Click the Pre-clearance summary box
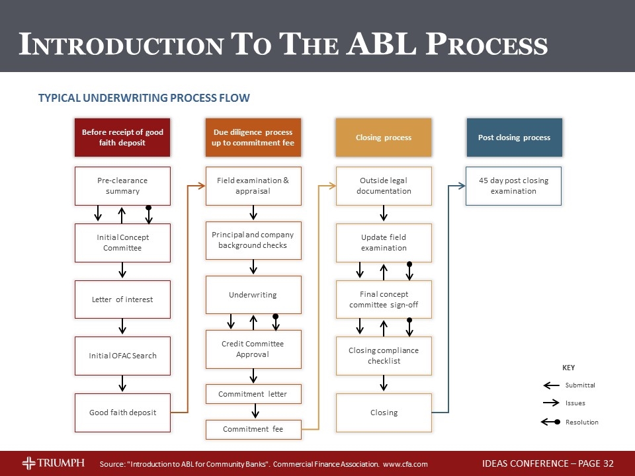coord(122,186)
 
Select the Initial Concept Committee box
coord(122,243)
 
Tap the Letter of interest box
coord(122,299)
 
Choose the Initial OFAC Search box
coord(122,356)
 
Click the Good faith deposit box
coord(122,413)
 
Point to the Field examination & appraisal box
coord(253,186)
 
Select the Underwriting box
coord(253,295)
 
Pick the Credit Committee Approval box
coord(253,349)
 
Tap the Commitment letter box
coord(253,394)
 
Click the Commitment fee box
coord(253,429)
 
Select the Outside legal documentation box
coord(384,186)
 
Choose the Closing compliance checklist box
coord(384,356)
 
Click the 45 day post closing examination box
coord(513,186)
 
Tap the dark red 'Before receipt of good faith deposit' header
coord(122,138)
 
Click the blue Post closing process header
coord(514,138)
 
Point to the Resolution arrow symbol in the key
coord(550,422)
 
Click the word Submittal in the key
coord(580,385)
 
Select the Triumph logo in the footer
coord(53,463)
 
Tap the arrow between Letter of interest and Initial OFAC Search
coord(122,327)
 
